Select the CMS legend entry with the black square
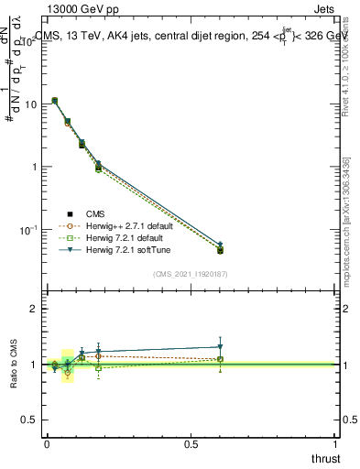tap(81, 212)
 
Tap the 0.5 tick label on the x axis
tap(191, 444)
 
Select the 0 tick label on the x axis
tap(46, 444)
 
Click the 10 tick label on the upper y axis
tap(29, 104)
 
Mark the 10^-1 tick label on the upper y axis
tap(27, 229)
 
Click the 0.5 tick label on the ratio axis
tap(28, 420)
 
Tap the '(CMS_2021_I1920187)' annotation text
tap(189, 274)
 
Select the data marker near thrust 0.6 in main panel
tap(220, 250)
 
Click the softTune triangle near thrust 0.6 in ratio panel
tap(220, 347)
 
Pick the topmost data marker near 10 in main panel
tap(55, 101)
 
